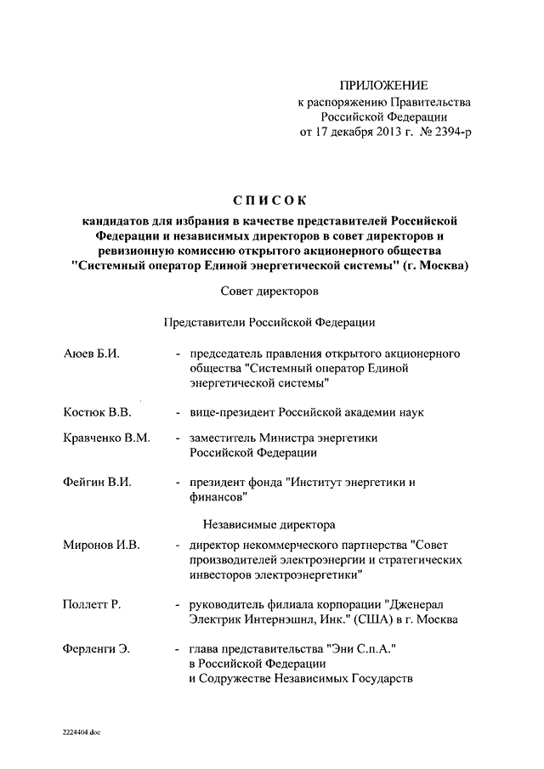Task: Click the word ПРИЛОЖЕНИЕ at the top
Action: (384, 86)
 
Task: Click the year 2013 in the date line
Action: (382, 132)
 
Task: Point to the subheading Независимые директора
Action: (269, 524)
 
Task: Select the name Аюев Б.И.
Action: (91, 353)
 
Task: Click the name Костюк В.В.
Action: (96, 412)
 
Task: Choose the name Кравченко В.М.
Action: (106, 438)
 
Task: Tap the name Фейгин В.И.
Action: (96, 482)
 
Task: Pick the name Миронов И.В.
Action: (100, 545)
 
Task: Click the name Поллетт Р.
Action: (92, 604)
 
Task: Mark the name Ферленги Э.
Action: (96, 648)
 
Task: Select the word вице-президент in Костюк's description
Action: (229, 412)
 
